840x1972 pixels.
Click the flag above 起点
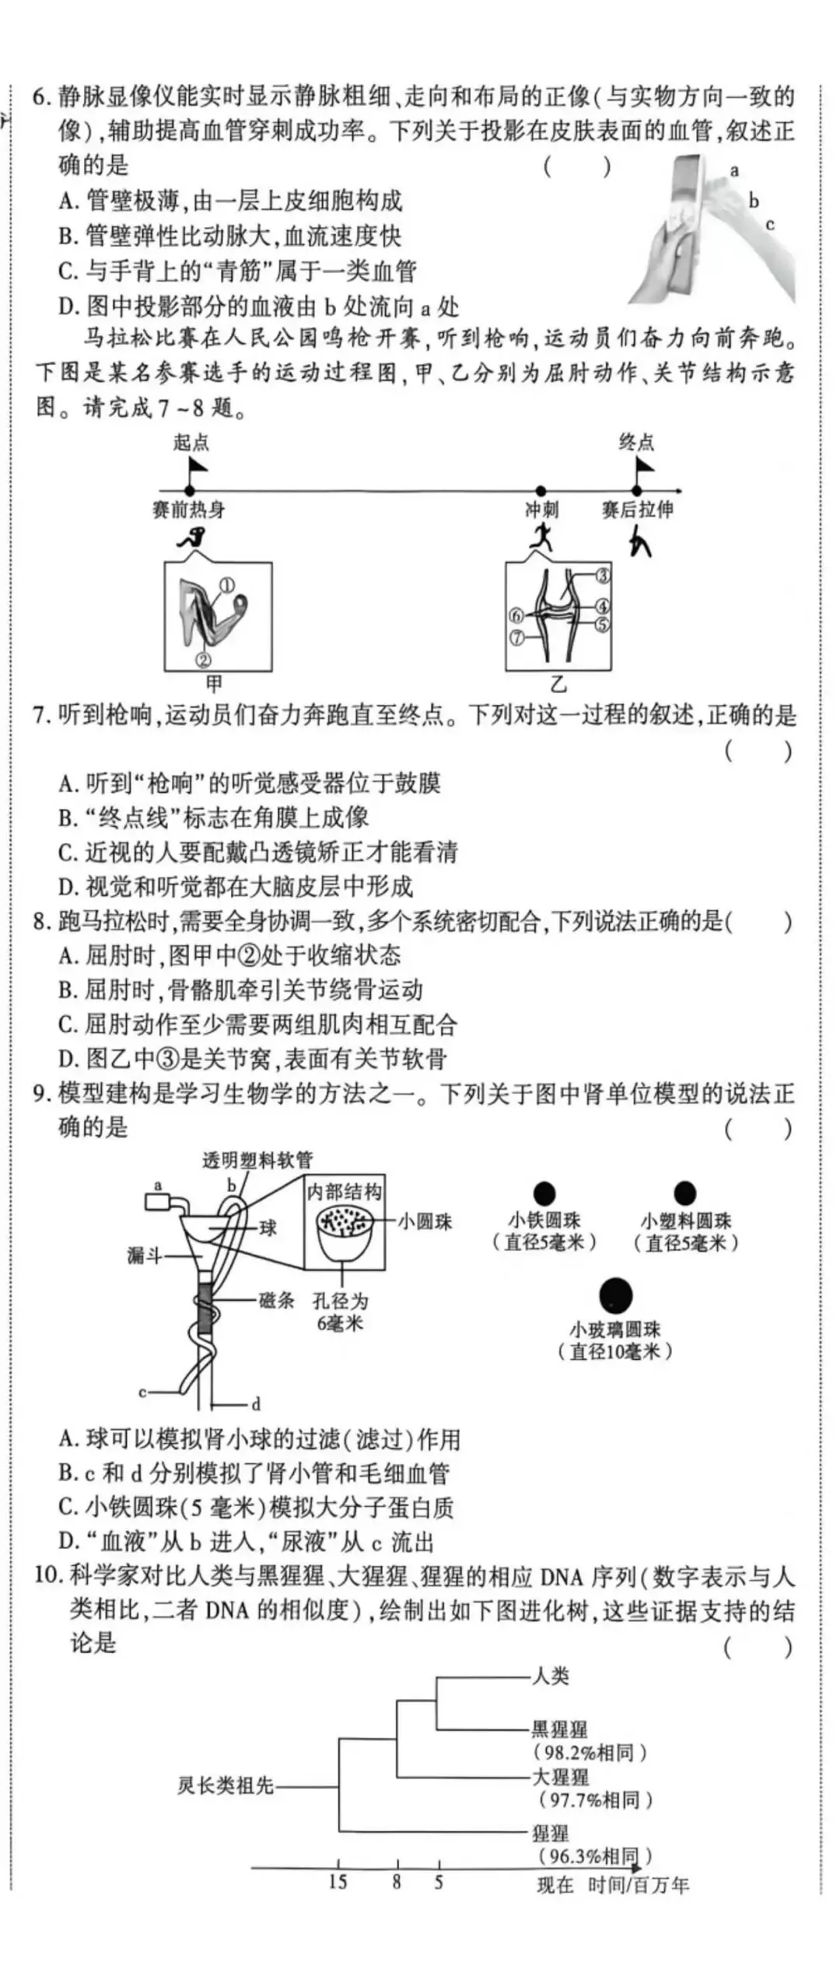coord(198,467)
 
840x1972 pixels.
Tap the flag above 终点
coord(644,466)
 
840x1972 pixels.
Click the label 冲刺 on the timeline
coord(541,510)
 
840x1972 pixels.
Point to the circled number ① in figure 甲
coord(227,585)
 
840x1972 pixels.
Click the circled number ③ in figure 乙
coord(604,576)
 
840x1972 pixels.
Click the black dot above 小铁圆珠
coord(544,1193)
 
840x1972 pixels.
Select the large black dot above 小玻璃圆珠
coord(615,1295)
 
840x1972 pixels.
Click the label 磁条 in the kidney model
coord(276,1300)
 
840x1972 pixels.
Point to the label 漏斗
coord(145,1255)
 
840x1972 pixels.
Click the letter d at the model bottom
coord(256,1404)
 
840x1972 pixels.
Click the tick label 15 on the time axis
coord(338,1882)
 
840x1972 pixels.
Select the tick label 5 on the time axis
coord(439,1882)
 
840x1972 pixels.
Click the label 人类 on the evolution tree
coord(551,1676)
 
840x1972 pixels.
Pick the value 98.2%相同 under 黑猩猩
coord(590,1753)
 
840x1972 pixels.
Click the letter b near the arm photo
coord(753,201)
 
